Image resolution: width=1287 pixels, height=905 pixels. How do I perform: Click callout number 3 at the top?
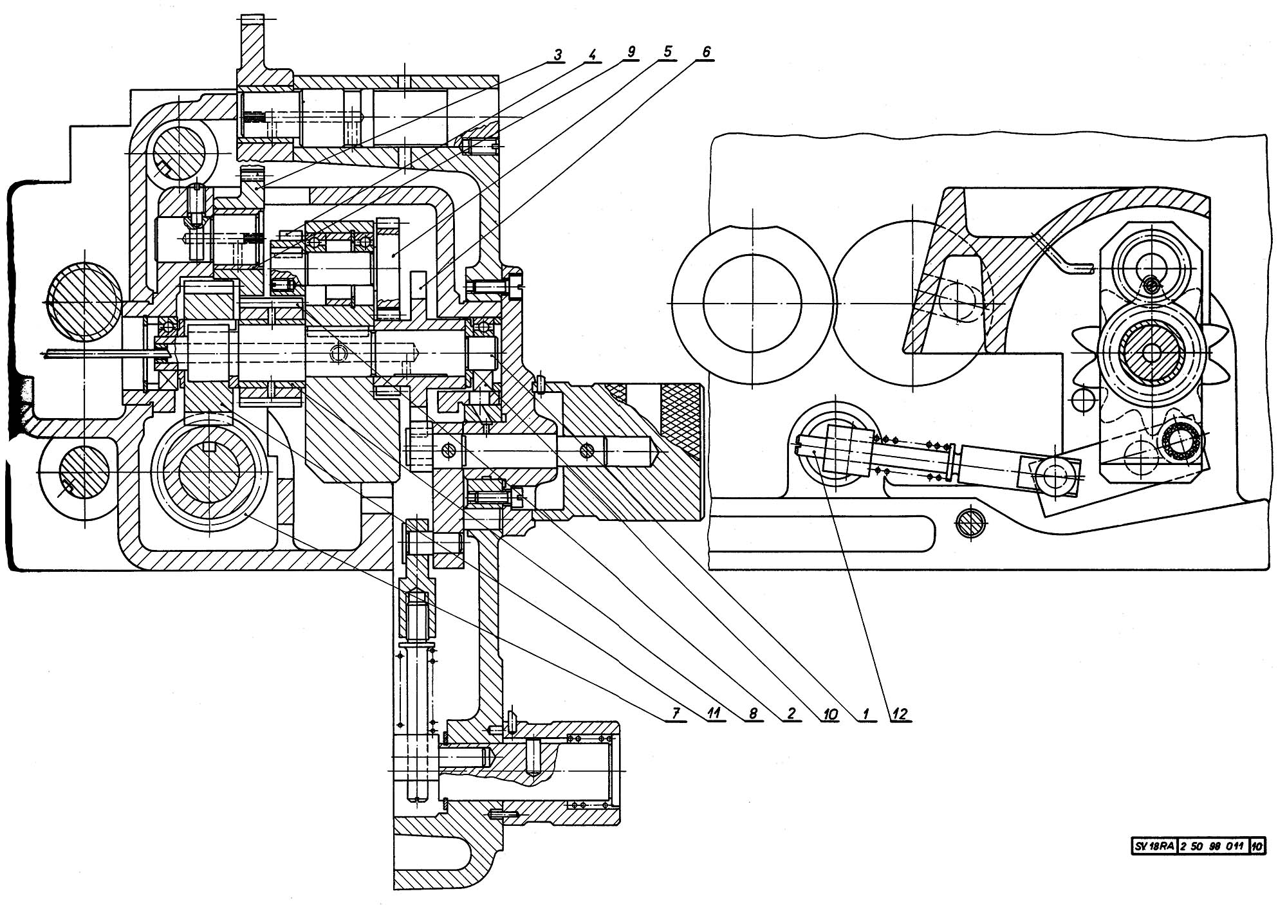[x=557, y=55]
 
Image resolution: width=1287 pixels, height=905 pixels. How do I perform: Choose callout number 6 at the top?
[x=706, y=52]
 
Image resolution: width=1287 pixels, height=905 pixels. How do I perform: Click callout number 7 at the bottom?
[x=675, y=713]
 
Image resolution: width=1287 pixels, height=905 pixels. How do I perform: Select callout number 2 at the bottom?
[x=790, y=713]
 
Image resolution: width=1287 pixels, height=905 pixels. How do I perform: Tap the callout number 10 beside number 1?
[x=829, y=713]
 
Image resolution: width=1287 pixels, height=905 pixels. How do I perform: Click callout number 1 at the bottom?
[x=866, y=713]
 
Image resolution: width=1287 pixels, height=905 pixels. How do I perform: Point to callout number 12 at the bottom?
[x=900, y=713]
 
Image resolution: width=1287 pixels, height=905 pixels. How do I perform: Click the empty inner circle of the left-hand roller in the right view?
[x=752, y=302]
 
